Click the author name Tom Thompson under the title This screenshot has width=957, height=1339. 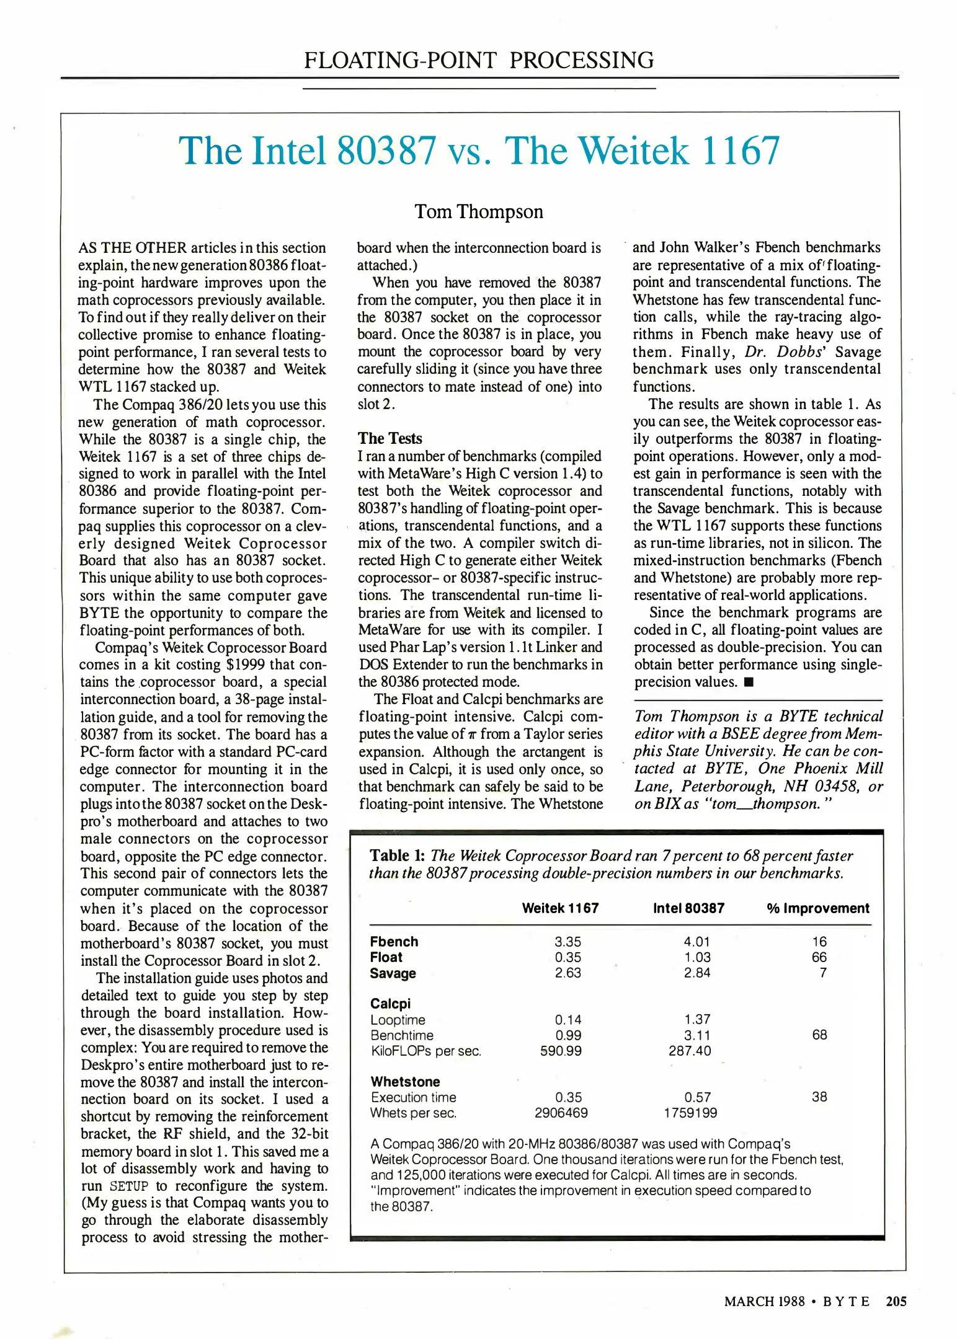click(478, 212)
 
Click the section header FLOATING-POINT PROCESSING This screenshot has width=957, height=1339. click(478, 60)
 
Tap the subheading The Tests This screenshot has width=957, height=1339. click(389, 438)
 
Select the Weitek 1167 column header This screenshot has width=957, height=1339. click(560, 908)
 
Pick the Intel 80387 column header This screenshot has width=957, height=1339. click(688, 908)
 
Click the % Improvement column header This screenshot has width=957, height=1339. click(817, 908)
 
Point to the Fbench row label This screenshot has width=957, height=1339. click(394, 942)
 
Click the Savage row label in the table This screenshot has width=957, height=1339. click(393, 973)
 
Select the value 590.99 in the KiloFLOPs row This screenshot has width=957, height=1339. click(561, 1051)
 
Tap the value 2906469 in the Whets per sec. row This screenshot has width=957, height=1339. click(561, 1113)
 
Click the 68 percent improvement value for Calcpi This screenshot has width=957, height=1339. click(819, 1035)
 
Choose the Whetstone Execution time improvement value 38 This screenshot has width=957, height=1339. click(819, 1097)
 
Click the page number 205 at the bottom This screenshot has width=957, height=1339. click(896, 1301)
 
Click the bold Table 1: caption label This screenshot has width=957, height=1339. click(397, 855)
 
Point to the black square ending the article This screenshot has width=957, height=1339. click(749, 683)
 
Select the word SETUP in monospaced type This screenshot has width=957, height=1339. click(129, 1187)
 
